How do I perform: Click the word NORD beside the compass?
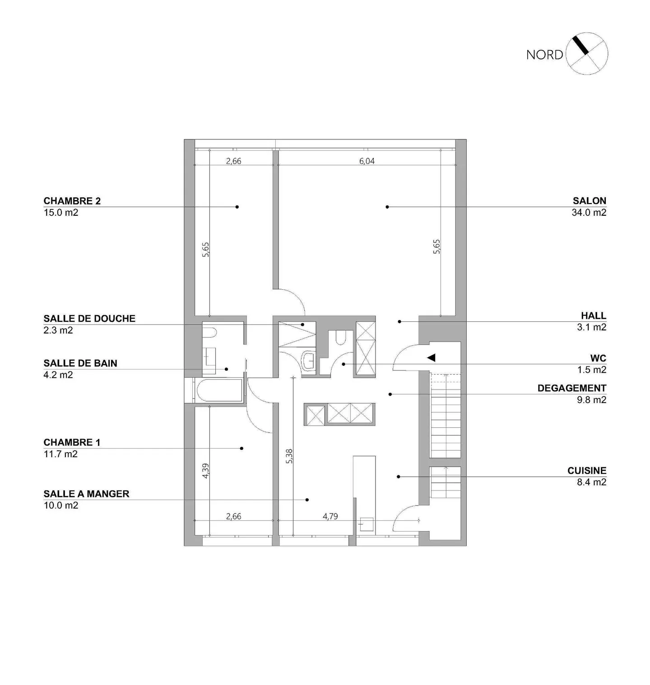point(544,55)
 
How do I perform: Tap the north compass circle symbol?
point(587,54)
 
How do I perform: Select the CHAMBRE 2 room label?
point(72,201)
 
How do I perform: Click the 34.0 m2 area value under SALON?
point(589,213)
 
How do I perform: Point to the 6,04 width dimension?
point(367,161)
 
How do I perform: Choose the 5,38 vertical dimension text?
point(289,456)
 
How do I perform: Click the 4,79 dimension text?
point(330,516)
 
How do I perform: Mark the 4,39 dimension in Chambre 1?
point(205,471)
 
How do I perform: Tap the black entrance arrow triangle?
point(431,357)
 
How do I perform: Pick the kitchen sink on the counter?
point(366,524)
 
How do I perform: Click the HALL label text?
point(593,315)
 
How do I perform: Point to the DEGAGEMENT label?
point(571,388)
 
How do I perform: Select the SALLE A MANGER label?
point(86,494)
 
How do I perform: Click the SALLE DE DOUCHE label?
point(89,318)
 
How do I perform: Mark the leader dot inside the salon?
point(387,207)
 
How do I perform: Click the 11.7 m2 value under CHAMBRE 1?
point(60,454)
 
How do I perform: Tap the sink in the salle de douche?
point(309,360)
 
